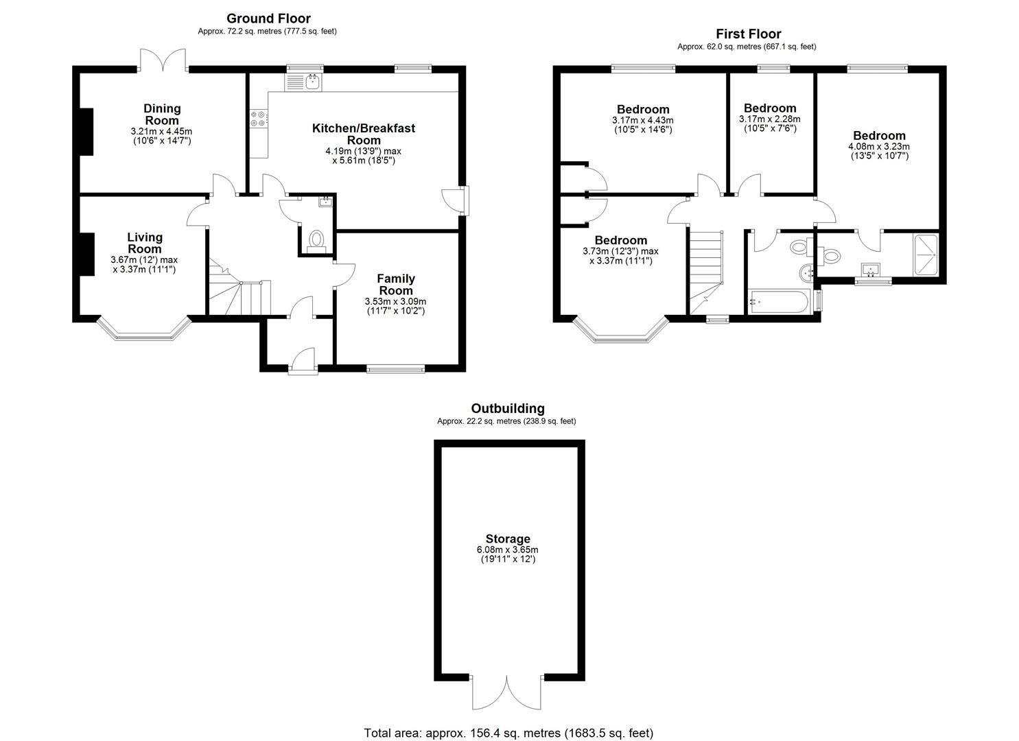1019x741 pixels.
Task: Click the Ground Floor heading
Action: [268, 19]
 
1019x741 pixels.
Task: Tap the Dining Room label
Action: [162, 115]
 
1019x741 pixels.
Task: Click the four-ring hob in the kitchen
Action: [259, 119]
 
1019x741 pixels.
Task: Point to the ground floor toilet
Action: [316, 241]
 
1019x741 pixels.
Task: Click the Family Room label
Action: [396, 284]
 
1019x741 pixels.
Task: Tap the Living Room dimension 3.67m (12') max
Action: [144, 260]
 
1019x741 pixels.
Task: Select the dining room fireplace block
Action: [86, 132]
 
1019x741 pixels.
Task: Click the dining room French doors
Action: [163, 60]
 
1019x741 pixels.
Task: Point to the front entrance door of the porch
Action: [303, 361]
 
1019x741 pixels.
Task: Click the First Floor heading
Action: [749, 34]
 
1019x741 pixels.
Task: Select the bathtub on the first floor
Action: [778, 301]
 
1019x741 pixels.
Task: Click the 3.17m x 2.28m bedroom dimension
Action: [770, 119]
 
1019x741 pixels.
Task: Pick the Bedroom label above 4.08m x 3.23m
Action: [879, 136]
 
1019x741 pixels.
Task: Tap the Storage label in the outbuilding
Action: [508, 539]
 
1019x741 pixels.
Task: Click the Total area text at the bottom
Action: [508, 733]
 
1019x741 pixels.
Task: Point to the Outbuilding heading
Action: [508, 408]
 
